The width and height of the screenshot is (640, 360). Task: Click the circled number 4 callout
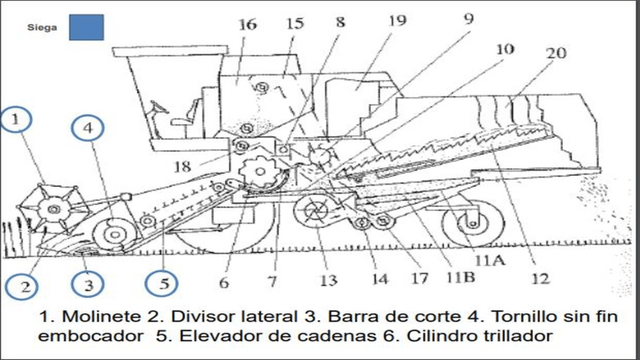88,129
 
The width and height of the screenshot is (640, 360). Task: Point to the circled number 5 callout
164,285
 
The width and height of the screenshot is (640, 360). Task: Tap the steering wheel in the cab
159,109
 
